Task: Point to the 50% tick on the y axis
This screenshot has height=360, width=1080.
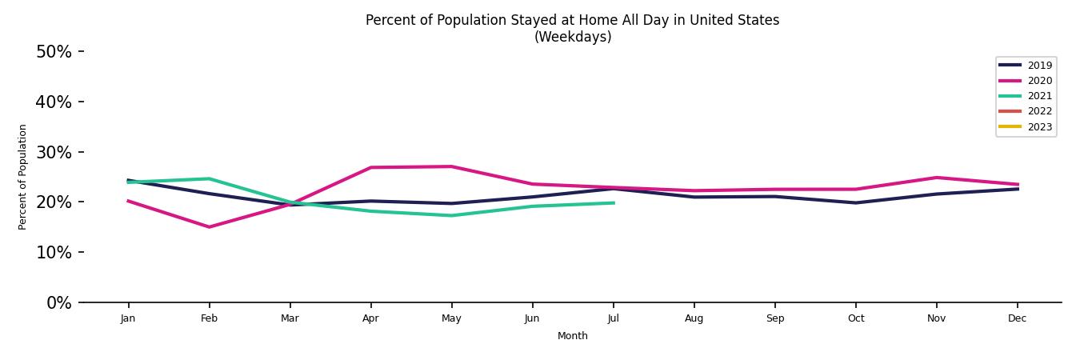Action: click(54, 52)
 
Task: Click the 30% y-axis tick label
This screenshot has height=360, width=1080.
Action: click(54, 152)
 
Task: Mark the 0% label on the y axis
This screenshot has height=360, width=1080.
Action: click(59, 303)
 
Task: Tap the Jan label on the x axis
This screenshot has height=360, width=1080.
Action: click(128, 318)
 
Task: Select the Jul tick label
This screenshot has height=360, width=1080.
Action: click(613, 318)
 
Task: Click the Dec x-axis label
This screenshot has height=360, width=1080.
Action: click(1017, 318)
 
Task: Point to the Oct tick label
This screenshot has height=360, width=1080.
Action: click(855, 318)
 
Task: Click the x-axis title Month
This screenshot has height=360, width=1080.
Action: click(573, 336)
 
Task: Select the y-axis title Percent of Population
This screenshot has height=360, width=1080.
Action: click(23, 177)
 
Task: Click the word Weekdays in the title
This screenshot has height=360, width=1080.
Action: click(573, 37)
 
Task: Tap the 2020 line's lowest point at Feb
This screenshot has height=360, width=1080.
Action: click(209, 227)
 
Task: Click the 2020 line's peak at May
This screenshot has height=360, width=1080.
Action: click(451, 166)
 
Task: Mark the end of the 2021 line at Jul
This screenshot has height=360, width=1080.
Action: click(614, 203)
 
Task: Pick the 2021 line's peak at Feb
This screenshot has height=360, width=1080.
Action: click(209, 178)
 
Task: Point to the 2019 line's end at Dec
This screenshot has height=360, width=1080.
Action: click(1018, 189)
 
